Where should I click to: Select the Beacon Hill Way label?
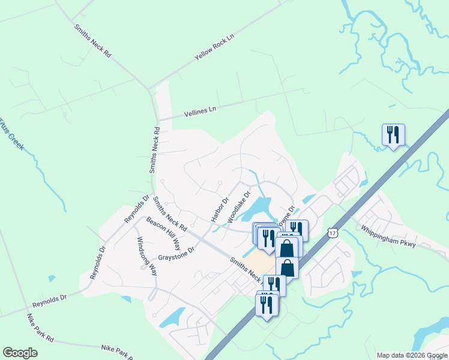pos(163,233)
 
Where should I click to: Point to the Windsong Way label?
pos(146,256)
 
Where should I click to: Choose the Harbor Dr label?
pos(220,210)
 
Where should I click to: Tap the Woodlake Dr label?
pos(238,208)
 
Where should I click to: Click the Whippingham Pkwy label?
pos(386,235)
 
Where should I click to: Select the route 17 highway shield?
pos(333,232)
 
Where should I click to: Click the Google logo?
pos(20,353)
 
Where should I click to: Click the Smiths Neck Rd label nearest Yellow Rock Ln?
pos(92,41)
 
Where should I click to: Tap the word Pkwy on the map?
pos(405,240)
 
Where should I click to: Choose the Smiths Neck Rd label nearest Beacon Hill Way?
pos(170,214)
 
